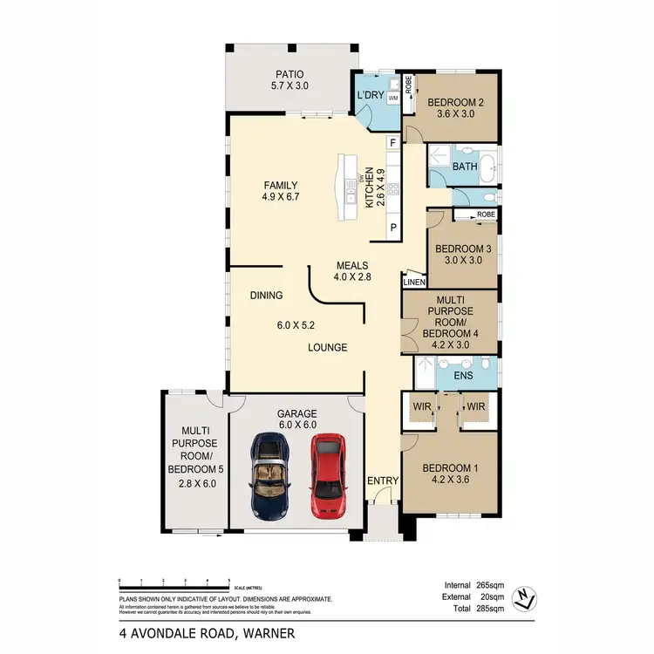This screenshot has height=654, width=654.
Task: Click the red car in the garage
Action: [x=327, y=476]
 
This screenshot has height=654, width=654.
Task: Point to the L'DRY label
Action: [x=371, y=95]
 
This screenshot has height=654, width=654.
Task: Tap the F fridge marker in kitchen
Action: [x=393, y=142]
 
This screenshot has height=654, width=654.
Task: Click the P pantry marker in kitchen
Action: [x=393, y=227]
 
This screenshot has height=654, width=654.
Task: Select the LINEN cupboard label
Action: [x=414, y=283]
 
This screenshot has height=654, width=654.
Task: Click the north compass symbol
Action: [x=525, y=597]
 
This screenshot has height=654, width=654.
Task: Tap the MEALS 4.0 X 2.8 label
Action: [x=352, y=272]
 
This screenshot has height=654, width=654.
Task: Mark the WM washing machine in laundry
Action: [x=392, y=99]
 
